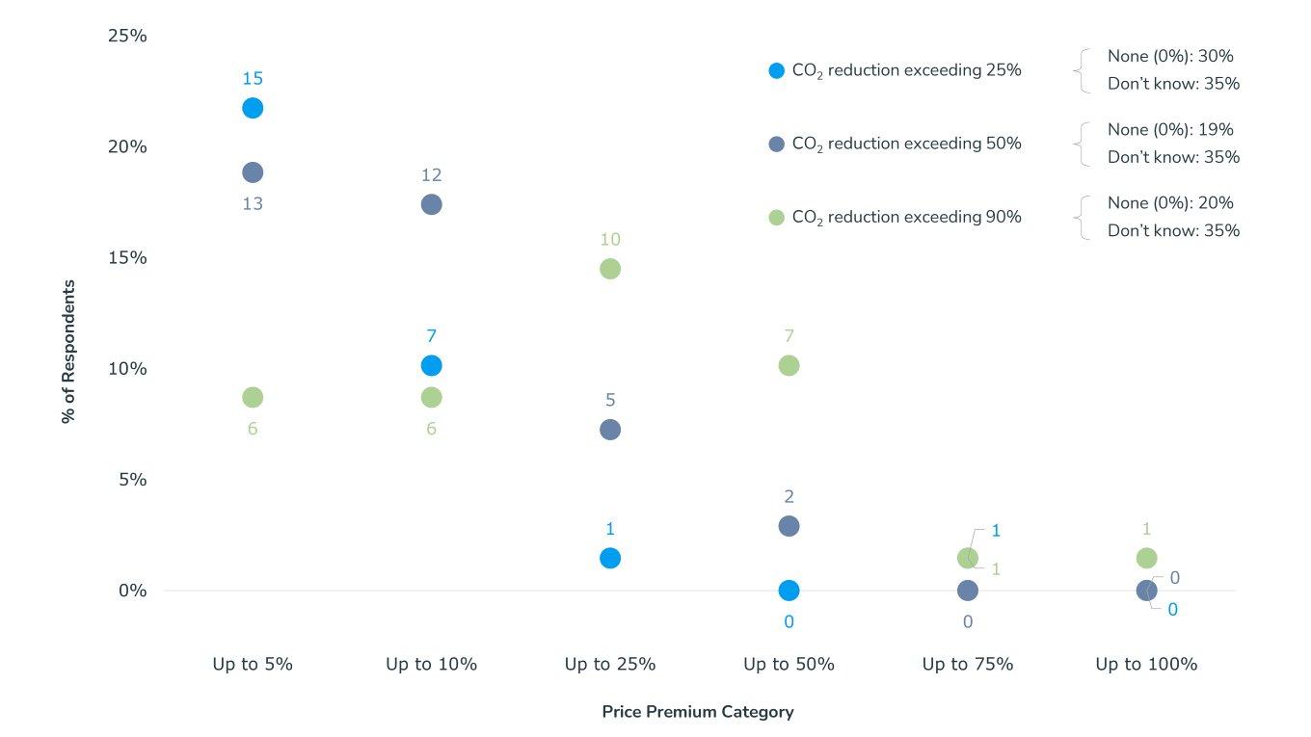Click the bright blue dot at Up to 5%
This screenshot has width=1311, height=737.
tap(253, 108)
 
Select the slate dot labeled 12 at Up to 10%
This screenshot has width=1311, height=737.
tap(431, 204)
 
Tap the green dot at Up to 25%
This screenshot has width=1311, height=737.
tap(610, 269)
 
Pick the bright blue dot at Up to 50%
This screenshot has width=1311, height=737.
tap(789, 591)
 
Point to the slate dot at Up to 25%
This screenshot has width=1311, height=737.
tap(610, 430)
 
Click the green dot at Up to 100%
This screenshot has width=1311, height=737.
tap(1146, 558)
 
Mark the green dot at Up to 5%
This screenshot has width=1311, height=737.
tap(253, 397)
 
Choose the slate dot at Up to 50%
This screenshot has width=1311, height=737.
tap(789, 526)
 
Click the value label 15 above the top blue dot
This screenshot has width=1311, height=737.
tap(253, 79)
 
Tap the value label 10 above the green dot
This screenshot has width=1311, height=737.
tap(610, 240)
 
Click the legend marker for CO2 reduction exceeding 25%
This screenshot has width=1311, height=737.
tap(776, 70)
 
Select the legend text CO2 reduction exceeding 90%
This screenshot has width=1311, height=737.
tap(906, 218)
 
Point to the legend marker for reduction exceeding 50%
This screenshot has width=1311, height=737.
tap(776, 144)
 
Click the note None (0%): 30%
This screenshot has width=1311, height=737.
tap(1170, 56)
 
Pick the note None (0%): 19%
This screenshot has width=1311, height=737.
tap(1170, 129)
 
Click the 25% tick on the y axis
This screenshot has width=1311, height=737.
tap(126, 36)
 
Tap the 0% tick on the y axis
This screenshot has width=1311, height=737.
tap(132, 591)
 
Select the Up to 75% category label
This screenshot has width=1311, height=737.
tap(967, 664)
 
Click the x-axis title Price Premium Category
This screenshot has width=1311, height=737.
tap(698, 712)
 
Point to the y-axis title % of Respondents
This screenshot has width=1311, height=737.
tap(68, 352)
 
